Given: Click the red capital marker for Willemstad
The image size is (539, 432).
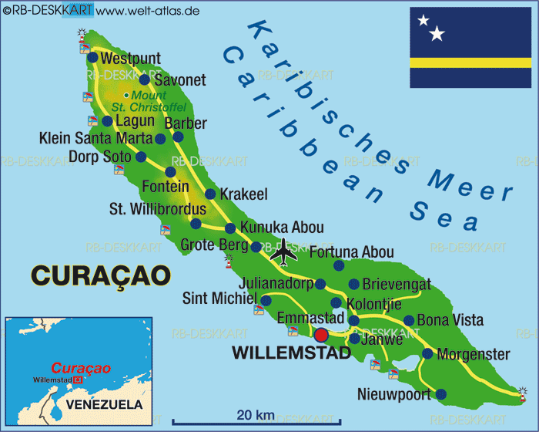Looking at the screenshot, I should point(321,335).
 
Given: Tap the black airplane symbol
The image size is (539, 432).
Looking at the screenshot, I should point(285,251).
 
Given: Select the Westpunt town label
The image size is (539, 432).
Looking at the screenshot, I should point(131,59).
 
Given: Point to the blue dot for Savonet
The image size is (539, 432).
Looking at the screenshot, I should point(144,79).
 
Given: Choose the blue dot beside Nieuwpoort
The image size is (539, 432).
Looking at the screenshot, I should point(440,394).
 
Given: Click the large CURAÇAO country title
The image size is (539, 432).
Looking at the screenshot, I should point(100,275).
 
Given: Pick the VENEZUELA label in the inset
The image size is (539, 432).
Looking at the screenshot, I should point(104,404).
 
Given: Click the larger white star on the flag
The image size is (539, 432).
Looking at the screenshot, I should point(437,33).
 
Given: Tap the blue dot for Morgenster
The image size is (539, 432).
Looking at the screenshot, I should point(427,354).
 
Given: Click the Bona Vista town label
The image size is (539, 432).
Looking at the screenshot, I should point(450,319).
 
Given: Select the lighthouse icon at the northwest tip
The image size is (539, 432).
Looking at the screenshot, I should point(84,36).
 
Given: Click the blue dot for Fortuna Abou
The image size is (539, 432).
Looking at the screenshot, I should point(339,265).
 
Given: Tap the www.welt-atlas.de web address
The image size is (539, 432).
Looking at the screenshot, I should point(149,10).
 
